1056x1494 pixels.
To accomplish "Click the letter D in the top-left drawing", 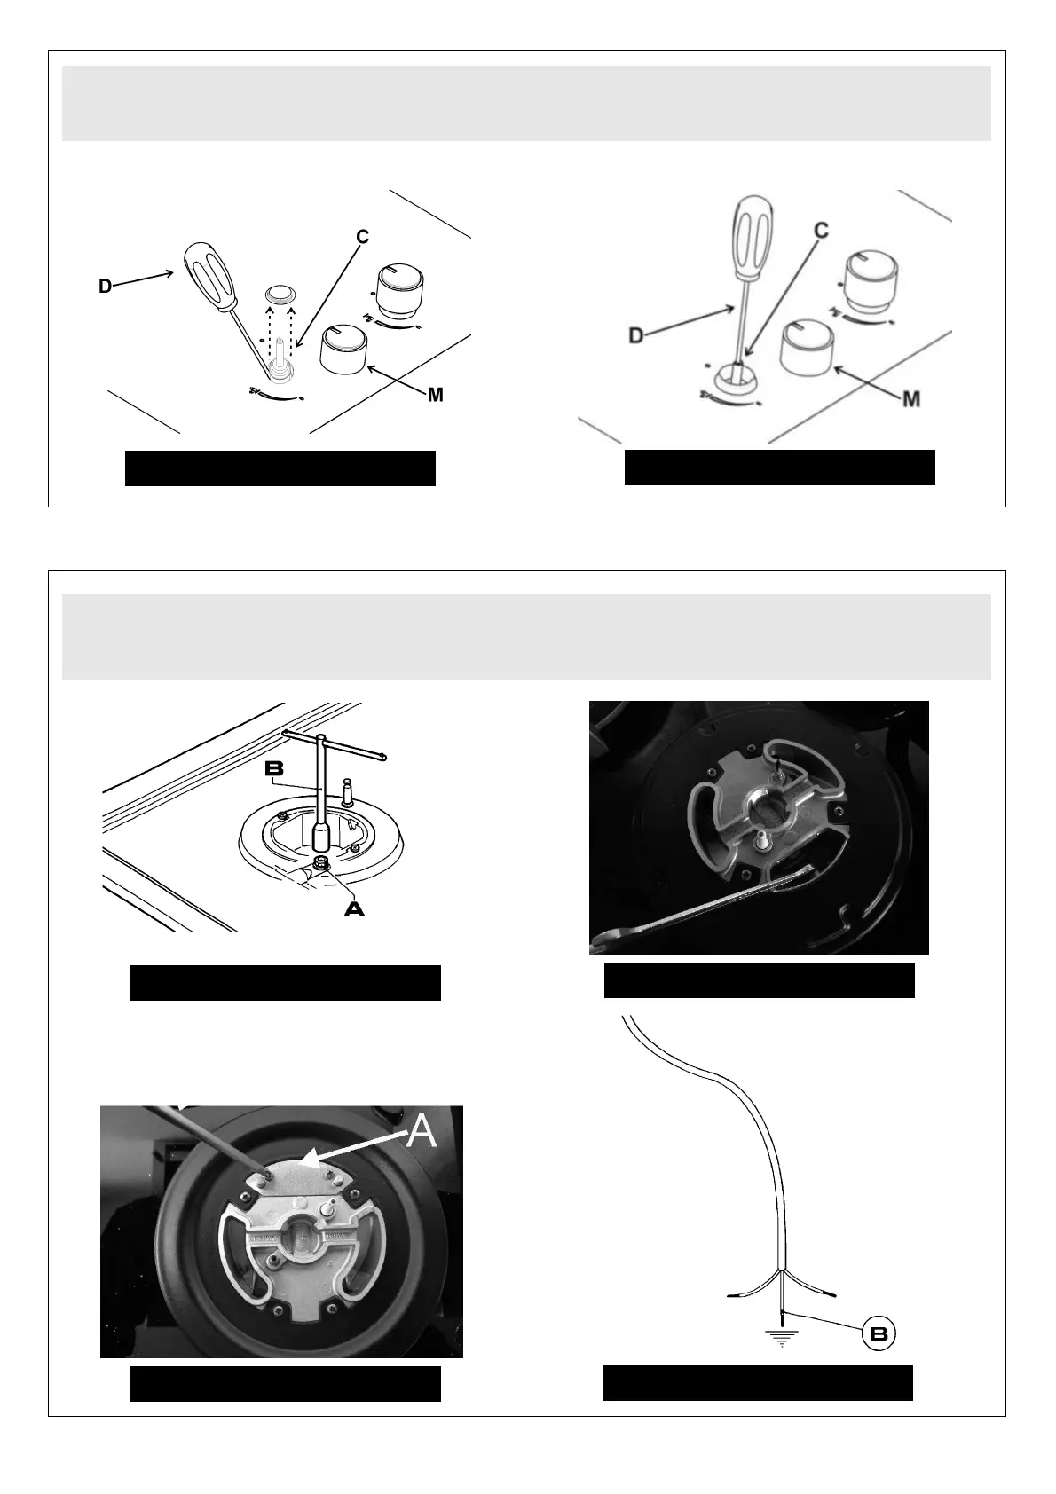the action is coord(105,287).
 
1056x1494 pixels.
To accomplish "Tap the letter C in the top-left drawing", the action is coord(362,237).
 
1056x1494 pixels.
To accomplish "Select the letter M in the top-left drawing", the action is coord(435,395).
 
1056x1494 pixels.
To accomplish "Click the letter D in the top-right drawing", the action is coord(635,335).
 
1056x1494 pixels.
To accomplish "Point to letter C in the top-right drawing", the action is coord(821,231).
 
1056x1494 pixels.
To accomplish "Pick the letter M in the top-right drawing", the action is coord(910,399).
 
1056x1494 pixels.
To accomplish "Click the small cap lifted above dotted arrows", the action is coord(280,294).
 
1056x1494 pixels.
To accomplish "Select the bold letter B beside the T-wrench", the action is coord(274,768).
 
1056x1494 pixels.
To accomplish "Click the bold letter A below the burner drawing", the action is coord(354,908).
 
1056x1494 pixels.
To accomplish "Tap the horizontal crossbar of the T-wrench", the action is coord(335,743).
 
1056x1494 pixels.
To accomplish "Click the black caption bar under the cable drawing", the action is coord(757,1382).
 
